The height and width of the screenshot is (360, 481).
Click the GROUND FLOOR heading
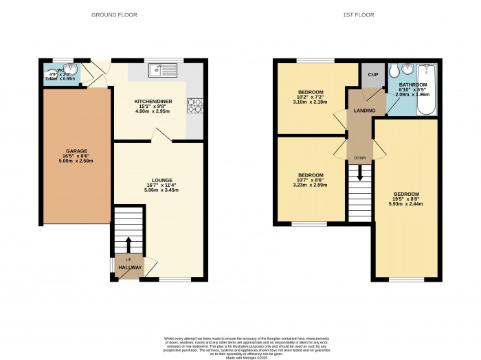[x=114, y=14]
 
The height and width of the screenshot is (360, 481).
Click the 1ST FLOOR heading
[x=359, y=14]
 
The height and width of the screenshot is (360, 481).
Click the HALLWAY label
[x=130, y=267]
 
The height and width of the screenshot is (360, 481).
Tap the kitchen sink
[x=162, y=69]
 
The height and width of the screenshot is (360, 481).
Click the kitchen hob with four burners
[x=195, y=104]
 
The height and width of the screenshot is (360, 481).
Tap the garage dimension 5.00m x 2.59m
[x=76, y=161]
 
